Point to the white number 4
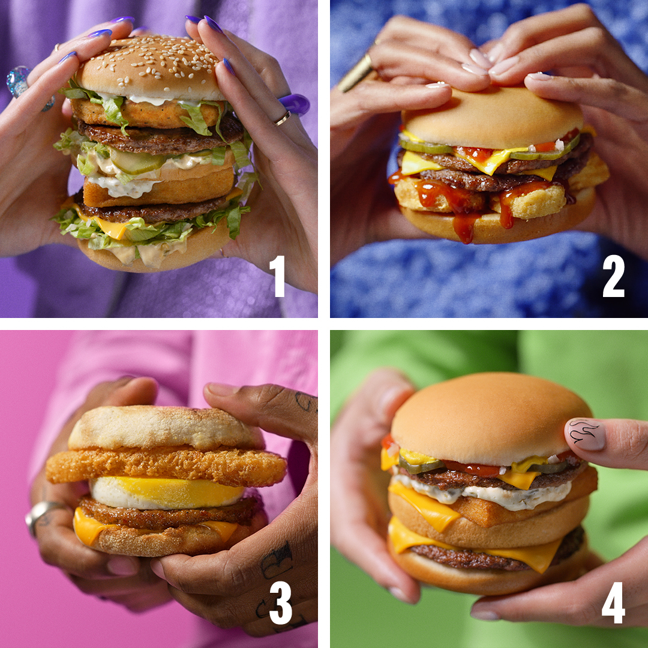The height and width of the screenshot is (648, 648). pos(613,602)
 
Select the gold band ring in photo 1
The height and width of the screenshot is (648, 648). pos(283,119)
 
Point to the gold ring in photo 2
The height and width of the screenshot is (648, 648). pos(356,72)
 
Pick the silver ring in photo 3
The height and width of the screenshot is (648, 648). pos(40,515)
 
